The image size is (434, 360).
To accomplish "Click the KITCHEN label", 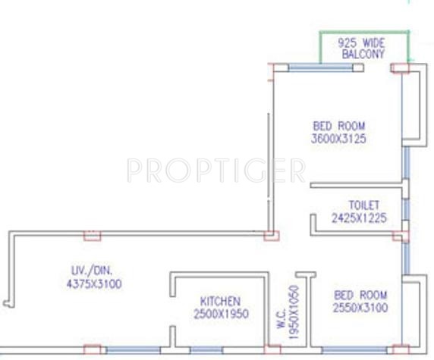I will coord(220,302).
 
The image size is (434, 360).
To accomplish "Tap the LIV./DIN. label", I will coord(86,271).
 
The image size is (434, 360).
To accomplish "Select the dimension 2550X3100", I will coord(360,308).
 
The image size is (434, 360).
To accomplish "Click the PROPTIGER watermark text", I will coord(216,171).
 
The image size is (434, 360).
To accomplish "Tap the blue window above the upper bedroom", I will coord(319,68).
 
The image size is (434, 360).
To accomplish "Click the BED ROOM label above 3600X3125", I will coord(339,126).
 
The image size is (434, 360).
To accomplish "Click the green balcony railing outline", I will coord(364,34).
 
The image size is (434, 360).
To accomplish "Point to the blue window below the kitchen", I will coord(206,350).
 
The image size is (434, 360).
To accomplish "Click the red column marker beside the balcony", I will coord(400,68).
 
